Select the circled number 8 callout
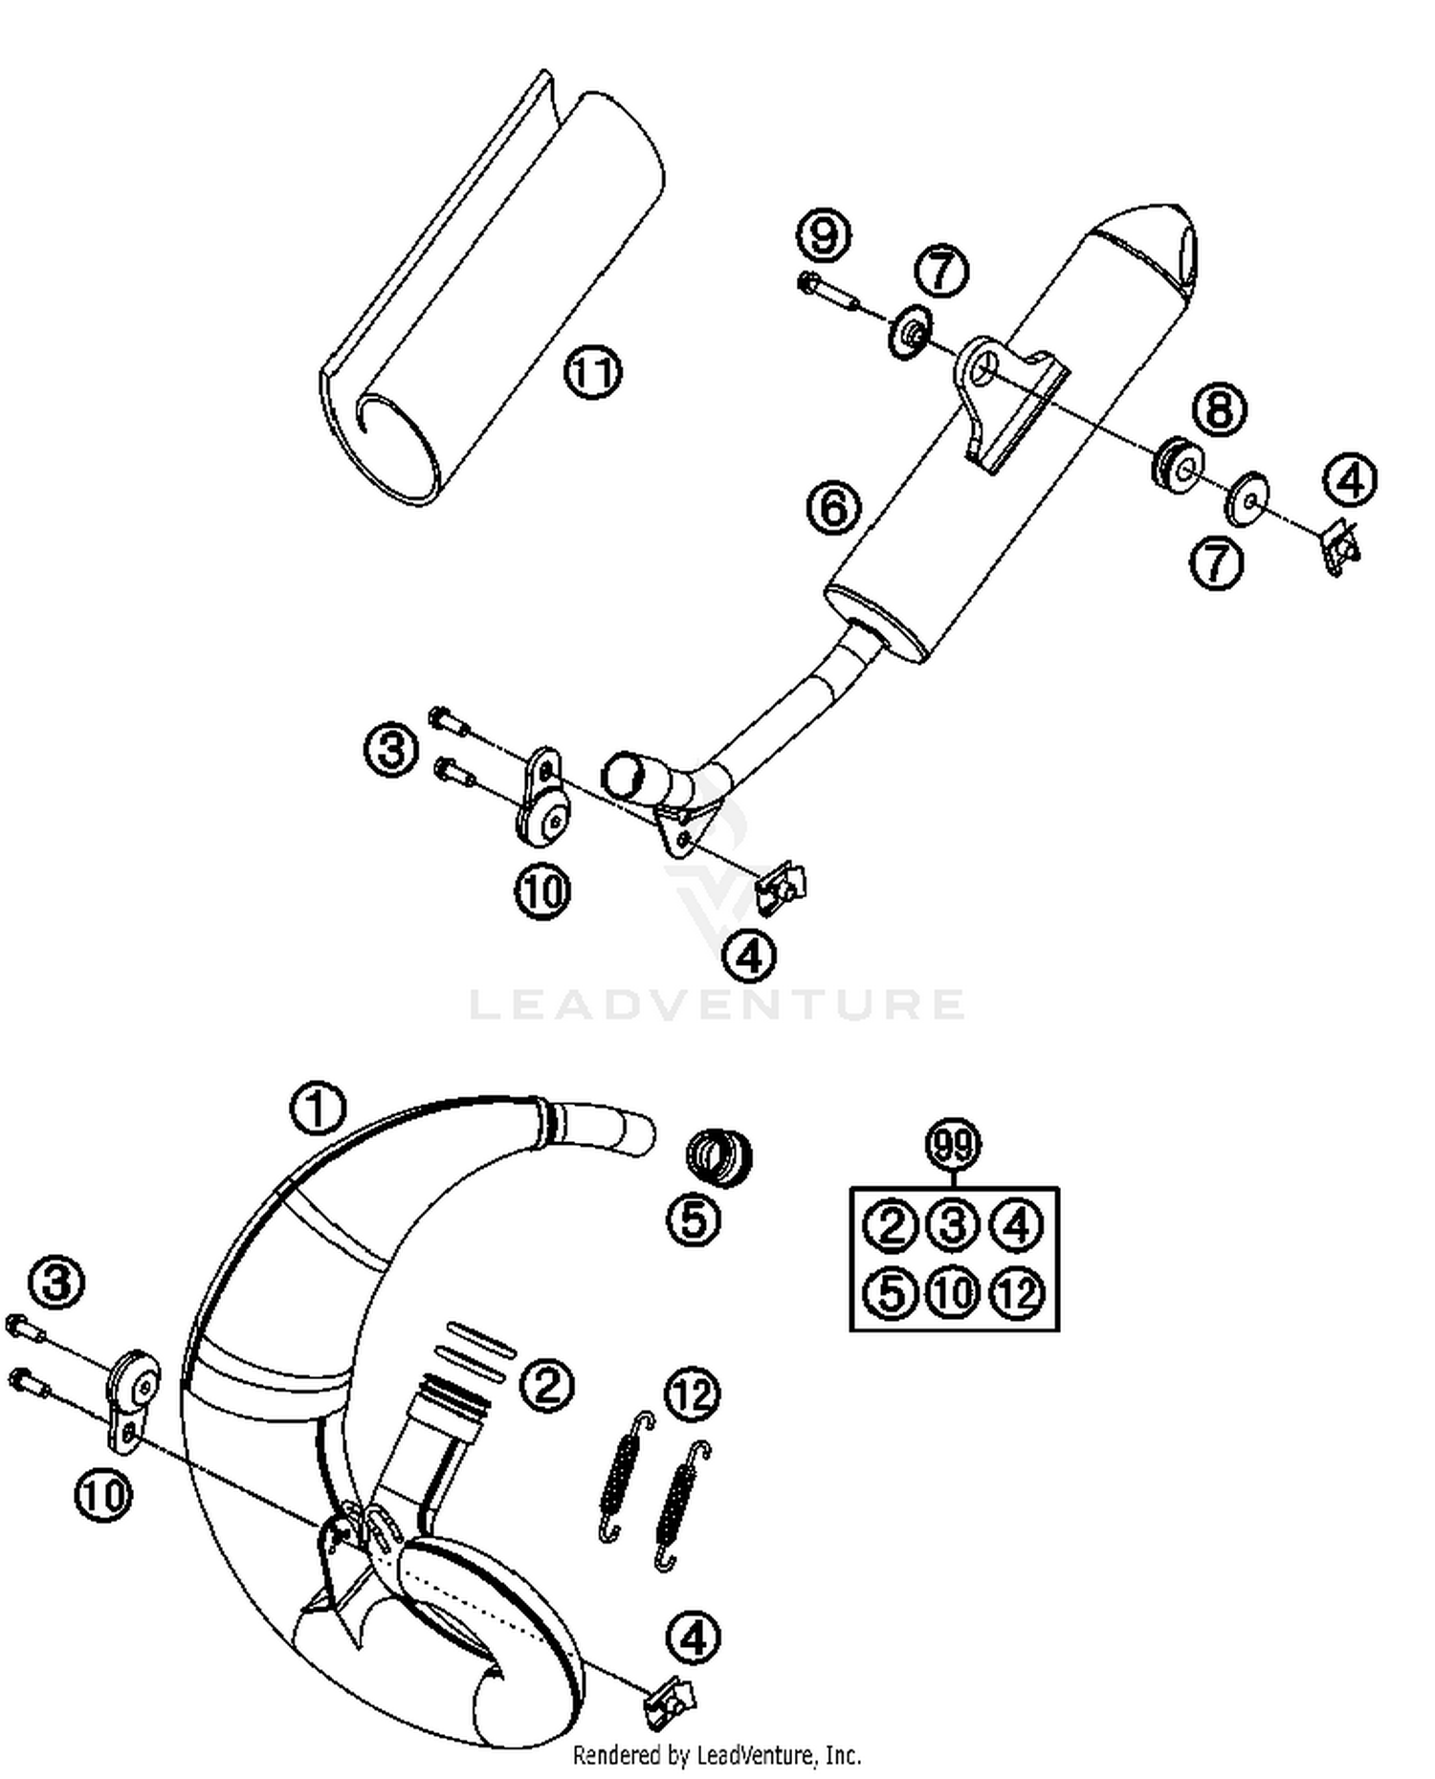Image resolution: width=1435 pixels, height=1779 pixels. coord(1219,410)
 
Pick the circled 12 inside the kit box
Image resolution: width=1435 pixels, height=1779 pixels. coord(1017,1293)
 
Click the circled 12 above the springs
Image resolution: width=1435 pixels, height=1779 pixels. coord(693,1395)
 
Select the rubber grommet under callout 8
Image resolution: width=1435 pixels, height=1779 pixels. coord(1176,464)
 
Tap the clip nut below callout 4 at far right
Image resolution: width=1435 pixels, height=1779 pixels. coord(1341,549)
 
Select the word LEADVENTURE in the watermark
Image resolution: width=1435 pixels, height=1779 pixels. coord(717,1004)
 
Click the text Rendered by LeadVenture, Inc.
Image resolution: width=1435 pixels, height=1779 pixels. coord(717,1755)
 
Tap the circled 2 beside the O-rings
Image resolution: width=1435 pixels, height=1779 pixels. coord(547,1384)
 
